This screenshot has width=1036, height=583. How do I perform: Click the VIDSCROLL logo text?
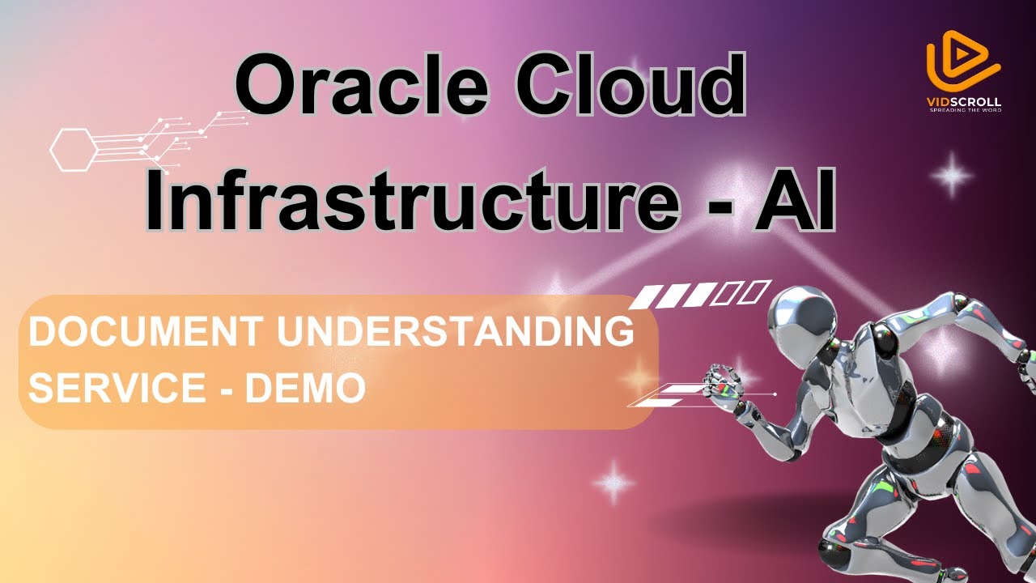click(964, 102)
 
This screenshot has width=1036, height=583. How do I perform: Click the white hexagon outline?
click(74, 148)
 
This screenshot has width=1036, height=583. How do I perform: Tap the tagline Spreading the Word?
click(964, 110)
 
